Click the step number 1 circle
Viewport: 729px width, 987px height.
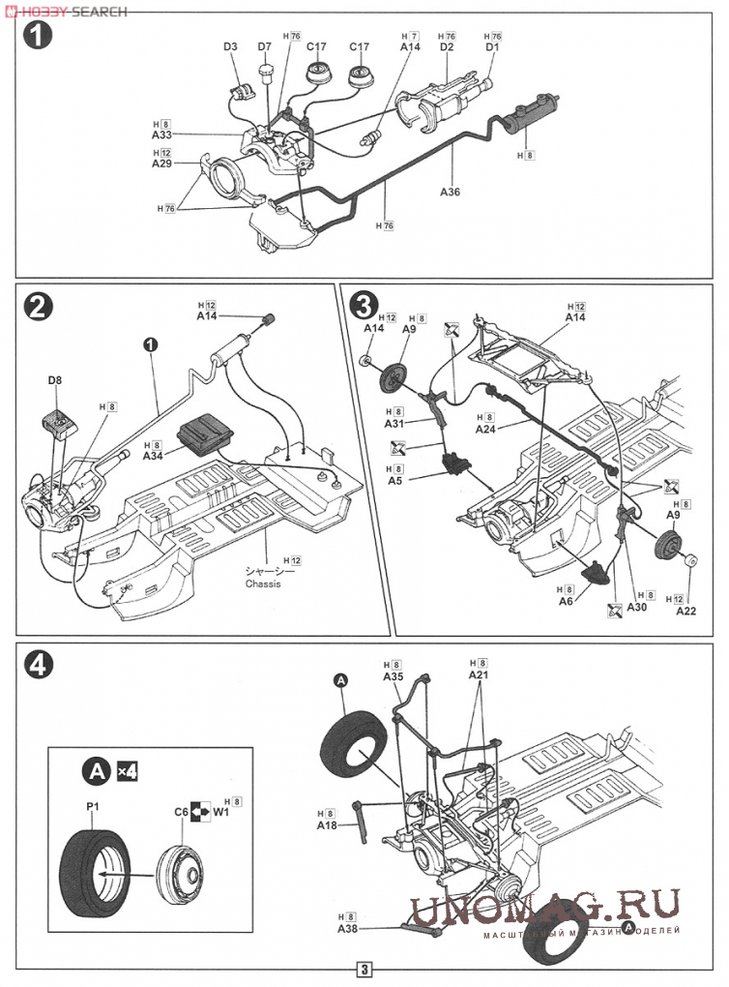pyautogui.click(x=35, y=38)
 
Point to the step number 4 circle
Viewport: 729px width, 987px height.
pyautogui.click(x=36, y=663)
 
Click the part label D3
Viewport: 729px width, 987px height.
pyautogui.click(x=230, y=46)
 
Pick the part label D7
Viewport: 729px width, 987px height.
pyautogui.click(x=265, y=46)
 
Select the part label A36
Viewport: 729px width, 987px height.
pyautogui.click(x=450, y=192)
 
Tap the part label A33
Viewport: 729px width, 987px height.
pyautogui.click(x=160, y=135)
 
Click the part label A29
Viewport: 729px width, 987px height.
pyautogui.click(x=160, y=164)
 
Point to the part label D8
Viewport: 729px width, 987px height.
pyautogui.click(x=55, y=380)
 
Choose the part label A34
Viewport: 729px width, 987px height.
pyautogui.click(x=154, y=455)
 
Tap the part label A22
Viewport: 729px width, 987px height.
pyautogui.click(x=685, y=612)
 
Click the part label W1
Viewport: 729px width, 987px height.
pyautogui.click(x=220, y=813)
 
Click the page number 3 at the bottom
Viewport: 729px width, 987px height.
pyautogui.click(x=364, y=970)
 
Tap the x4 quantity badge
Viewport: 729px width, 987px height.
pyautogui.click(x=127, y=771)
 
